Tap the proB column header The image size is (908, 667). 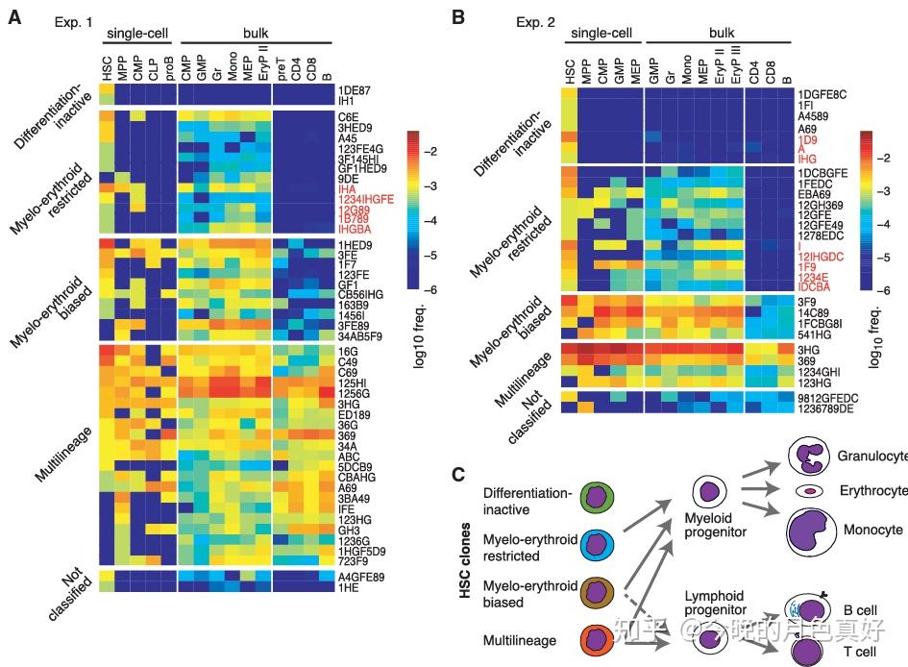pyautogui.click(x=169, y=68)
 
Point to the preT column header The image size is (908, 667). pyautogui.click(x=281, y=69)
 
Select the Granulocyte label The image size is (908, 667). pyautogui.click(x=871, y=457)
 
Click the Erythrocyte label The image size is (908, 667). pyautogui.click(x=872, y=491)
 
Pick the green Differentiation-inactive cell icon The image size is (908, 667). pyautogui.click(x=597, y=500)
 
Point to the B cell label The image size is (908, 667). pyautogui.click(x=860, y=610)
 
